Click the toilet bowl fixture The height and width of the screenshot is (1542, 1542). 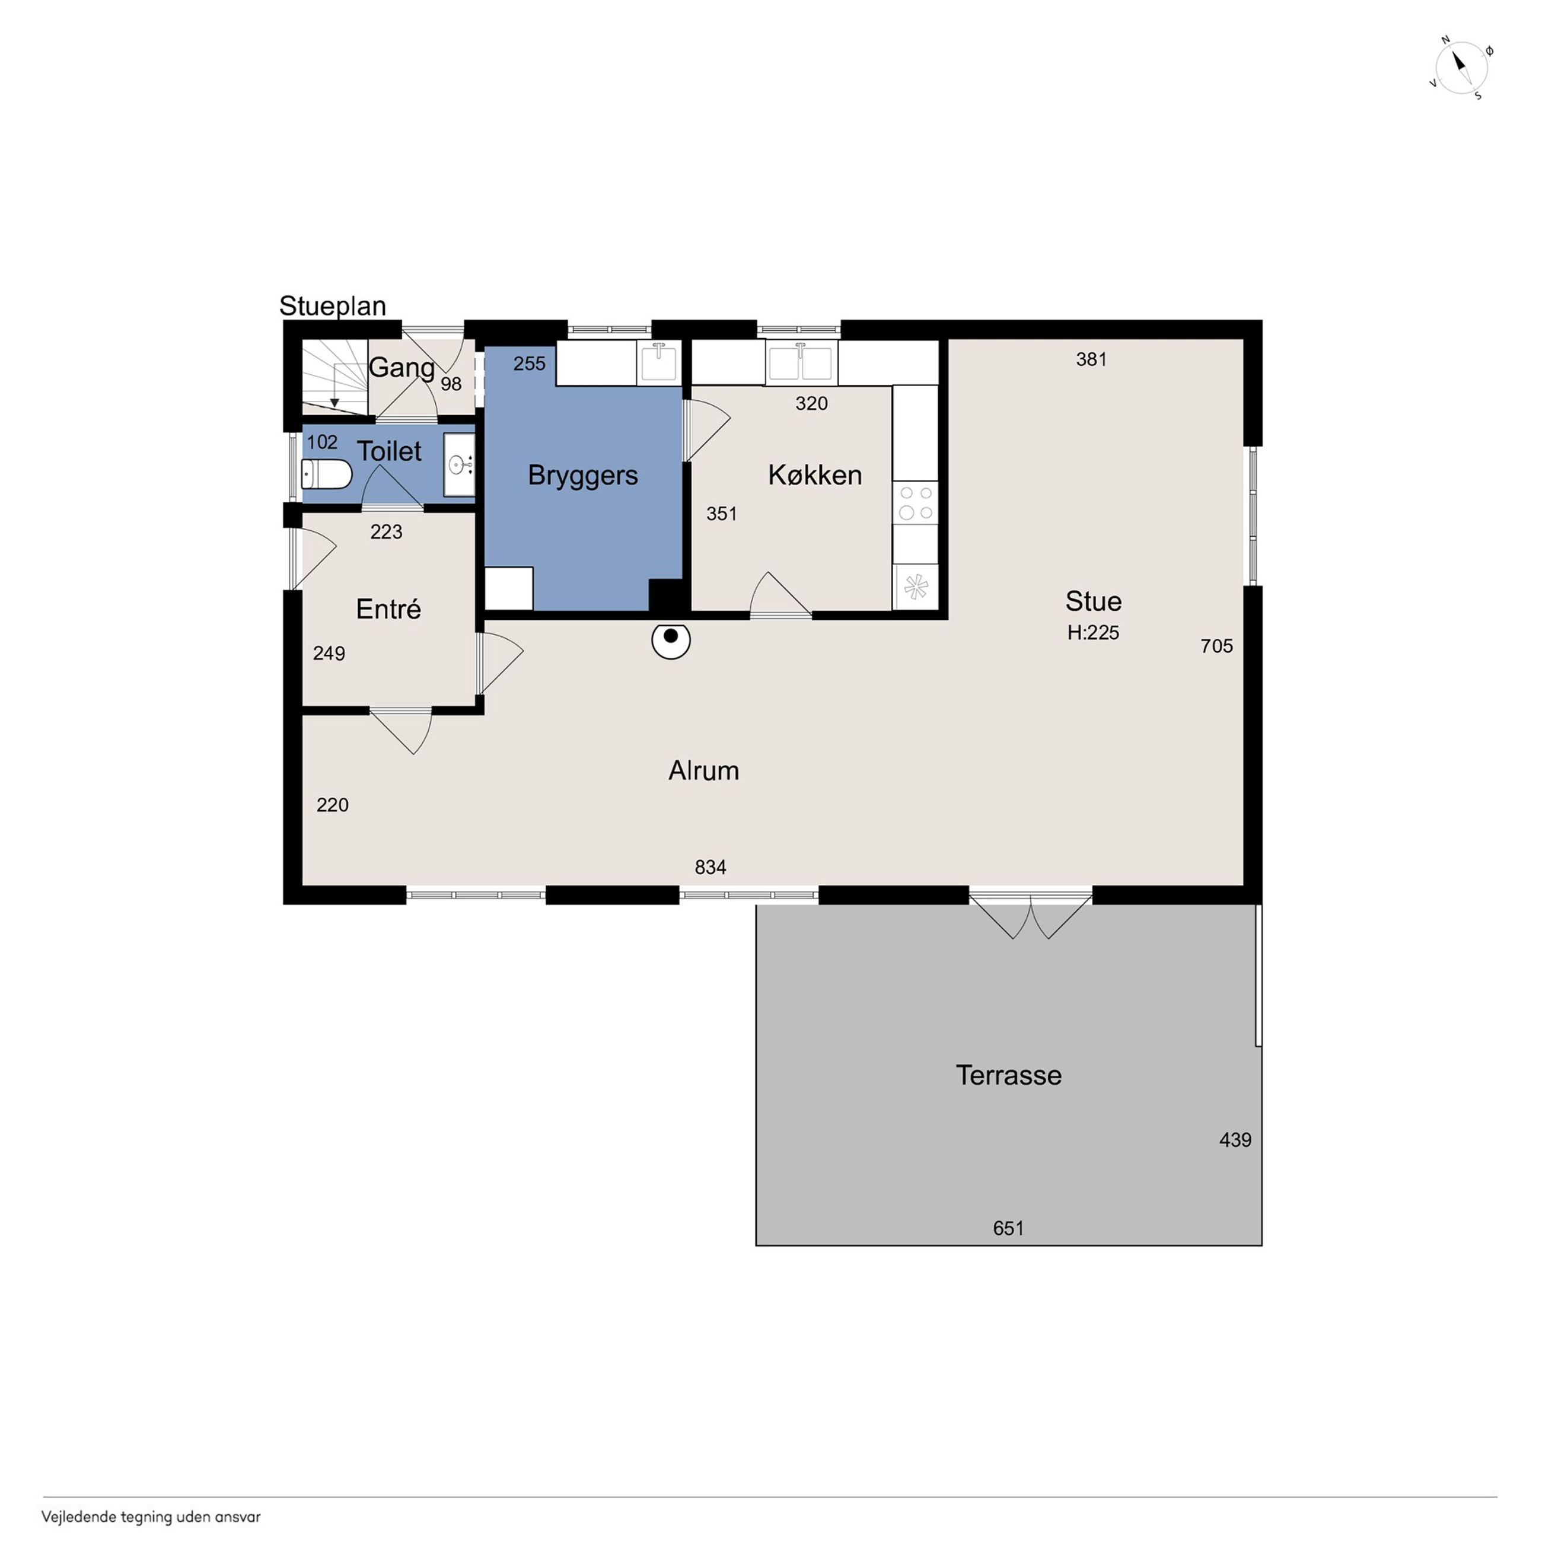tap(326, 474)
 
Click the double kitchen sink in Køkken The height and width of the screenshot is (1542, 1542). tap(801, 363)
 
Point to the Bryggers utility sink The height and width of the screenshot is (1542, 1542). tap(660, 362)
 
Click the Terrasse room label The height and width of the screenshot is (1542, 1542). tap(1009, 1075)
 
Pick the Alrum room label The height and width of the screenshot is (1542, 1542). tap(704, 770)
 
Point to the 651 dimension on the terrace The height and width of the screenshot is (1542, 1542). tap(1009, 1228)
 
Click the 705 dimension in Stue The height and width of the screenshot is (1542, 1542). tap(1217, 646)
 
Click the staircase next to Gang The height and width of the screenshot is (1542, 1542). tap(334, 377)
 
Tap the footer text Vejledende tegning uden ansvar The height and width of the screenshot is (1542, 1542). tap(151, 1517)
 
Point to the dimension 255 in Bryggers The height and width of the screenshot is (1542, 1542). tap(529, 364)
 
